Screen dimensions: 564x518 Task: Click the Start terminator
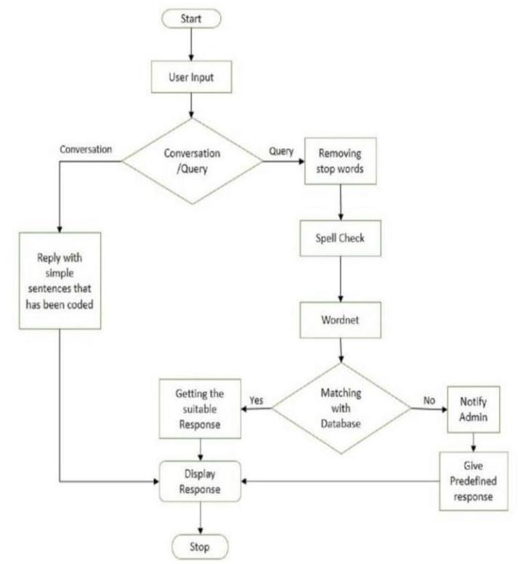click(190, 18)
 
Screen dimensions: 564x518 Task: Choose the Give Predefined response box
click(472, 478)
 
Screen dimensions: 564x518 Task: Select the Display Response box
click(200, 481)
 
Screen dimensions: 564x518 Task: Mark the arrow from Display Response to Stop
click(200, 517)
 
